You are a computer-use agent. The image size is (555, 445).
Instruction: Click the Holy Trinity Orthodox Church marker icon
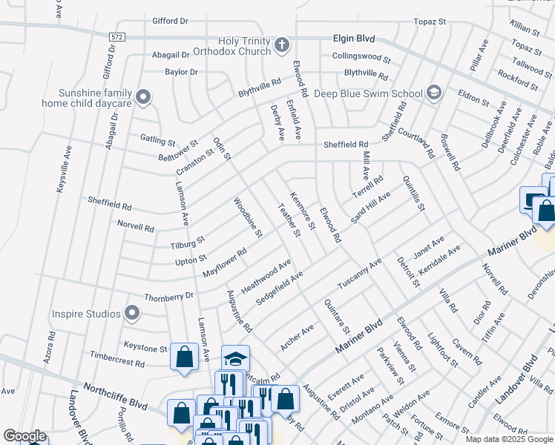click(x=281, y=46)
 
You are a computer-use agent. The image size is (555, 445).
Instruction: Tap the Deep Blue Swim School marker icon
click(x=433, y=93)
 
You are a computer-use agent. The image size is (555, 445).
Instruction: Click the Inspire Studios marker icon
click(x=132, y=313)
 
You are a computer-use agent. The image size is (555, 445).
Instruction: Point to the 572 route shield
click(x=115, y=36)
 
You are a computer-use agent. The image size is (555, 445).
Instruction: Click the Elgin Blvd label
click(x=354, y=38)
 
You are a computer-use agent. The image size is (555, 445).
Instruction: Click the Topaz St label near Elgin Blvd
click(x=430, y=22)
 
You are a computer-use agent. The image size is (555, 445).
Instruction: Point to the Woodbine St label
click(x=248, y=217)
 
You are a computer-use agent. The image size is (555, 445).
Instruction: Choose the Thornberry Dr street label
click(x=168, y=296)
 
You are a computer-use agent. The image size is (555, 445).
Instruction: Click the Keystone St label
click(x=145, y=348)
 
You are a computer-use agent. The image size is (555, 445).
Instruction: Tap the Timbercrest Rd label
click(x=119, y=363)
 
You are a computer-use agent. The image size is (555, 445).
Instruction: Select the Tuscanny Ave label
click(x=359, y=274)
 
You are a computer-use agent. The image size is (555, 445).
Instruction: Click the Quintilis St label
click(x=413, y=194)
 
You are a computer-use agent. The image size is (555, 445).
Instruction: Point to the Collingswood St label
click(x=361, y=57)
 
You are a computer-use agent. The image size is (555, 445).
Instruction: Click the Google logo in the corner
click(x=24, y=436)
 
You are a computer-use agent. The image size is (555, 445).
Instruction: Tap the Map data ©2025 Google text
click(x=509, y=439)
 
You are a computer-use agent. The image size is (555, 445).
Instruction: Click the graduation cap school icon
click(x=235, y=360)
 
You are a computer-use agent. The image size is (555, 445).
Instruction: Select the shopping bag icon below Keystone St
click(x=183, y=357)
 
